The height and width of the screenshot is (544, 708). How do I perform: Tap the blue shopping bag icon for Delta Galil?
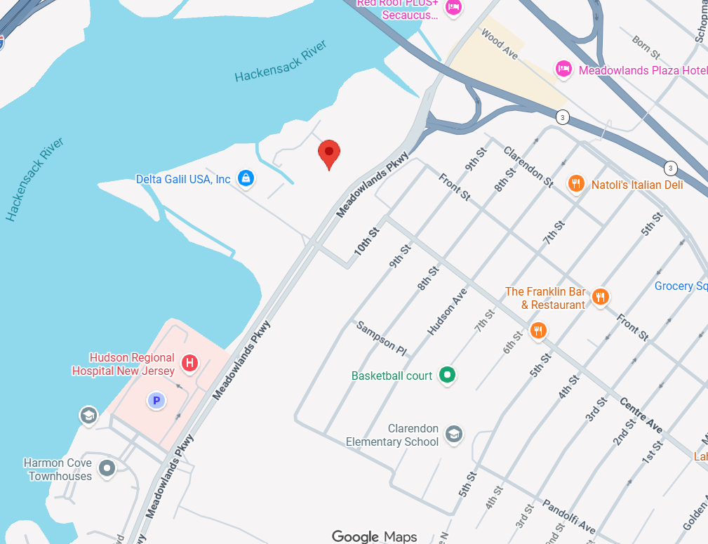point(246,179)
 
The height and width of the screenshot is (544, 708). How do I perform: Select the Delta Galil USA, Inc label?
point(183,180)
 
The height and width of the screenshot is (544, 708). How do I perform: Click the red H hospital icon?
point(189,363)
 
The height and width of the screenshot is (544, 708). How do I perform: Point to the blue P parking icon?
point(156,401)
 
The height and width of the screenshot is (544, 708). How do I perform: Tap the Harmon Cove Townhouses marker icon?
point(107,467)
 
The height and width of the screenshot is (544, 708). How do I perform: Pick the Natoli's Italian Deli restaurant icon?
point(575,184)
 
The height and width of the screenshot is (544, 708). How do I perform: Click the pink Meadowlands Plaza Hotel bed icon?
point(563,69)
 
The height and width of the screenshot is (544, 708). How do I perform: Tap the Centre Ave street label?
point(641,416)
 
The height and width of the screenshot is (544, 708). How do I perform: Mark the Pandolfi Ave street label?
point(568,516)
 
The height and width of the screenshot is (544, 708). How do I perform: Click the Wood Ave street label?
point(499,44)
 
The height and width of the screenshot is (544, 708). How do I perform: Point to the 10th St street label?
point(366,240)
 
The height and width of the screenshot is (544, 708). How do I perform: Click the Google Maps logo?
point(374,537)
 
